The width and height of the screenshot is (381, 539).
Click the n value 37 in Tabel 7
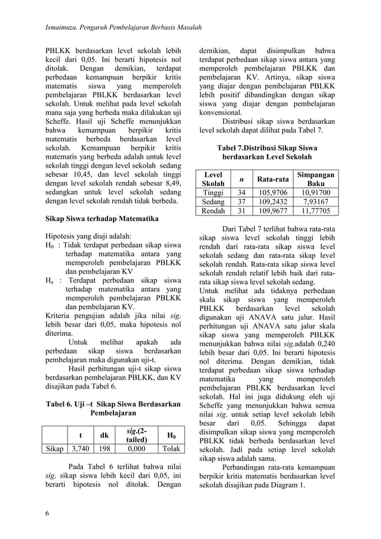coord(241,202)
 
